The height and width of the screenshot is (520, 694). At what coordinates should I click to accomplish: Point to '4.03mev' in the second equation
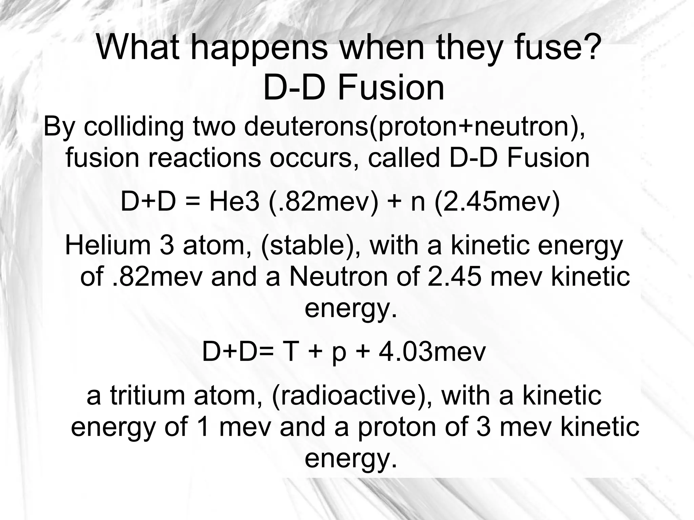tap(432, 352)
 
